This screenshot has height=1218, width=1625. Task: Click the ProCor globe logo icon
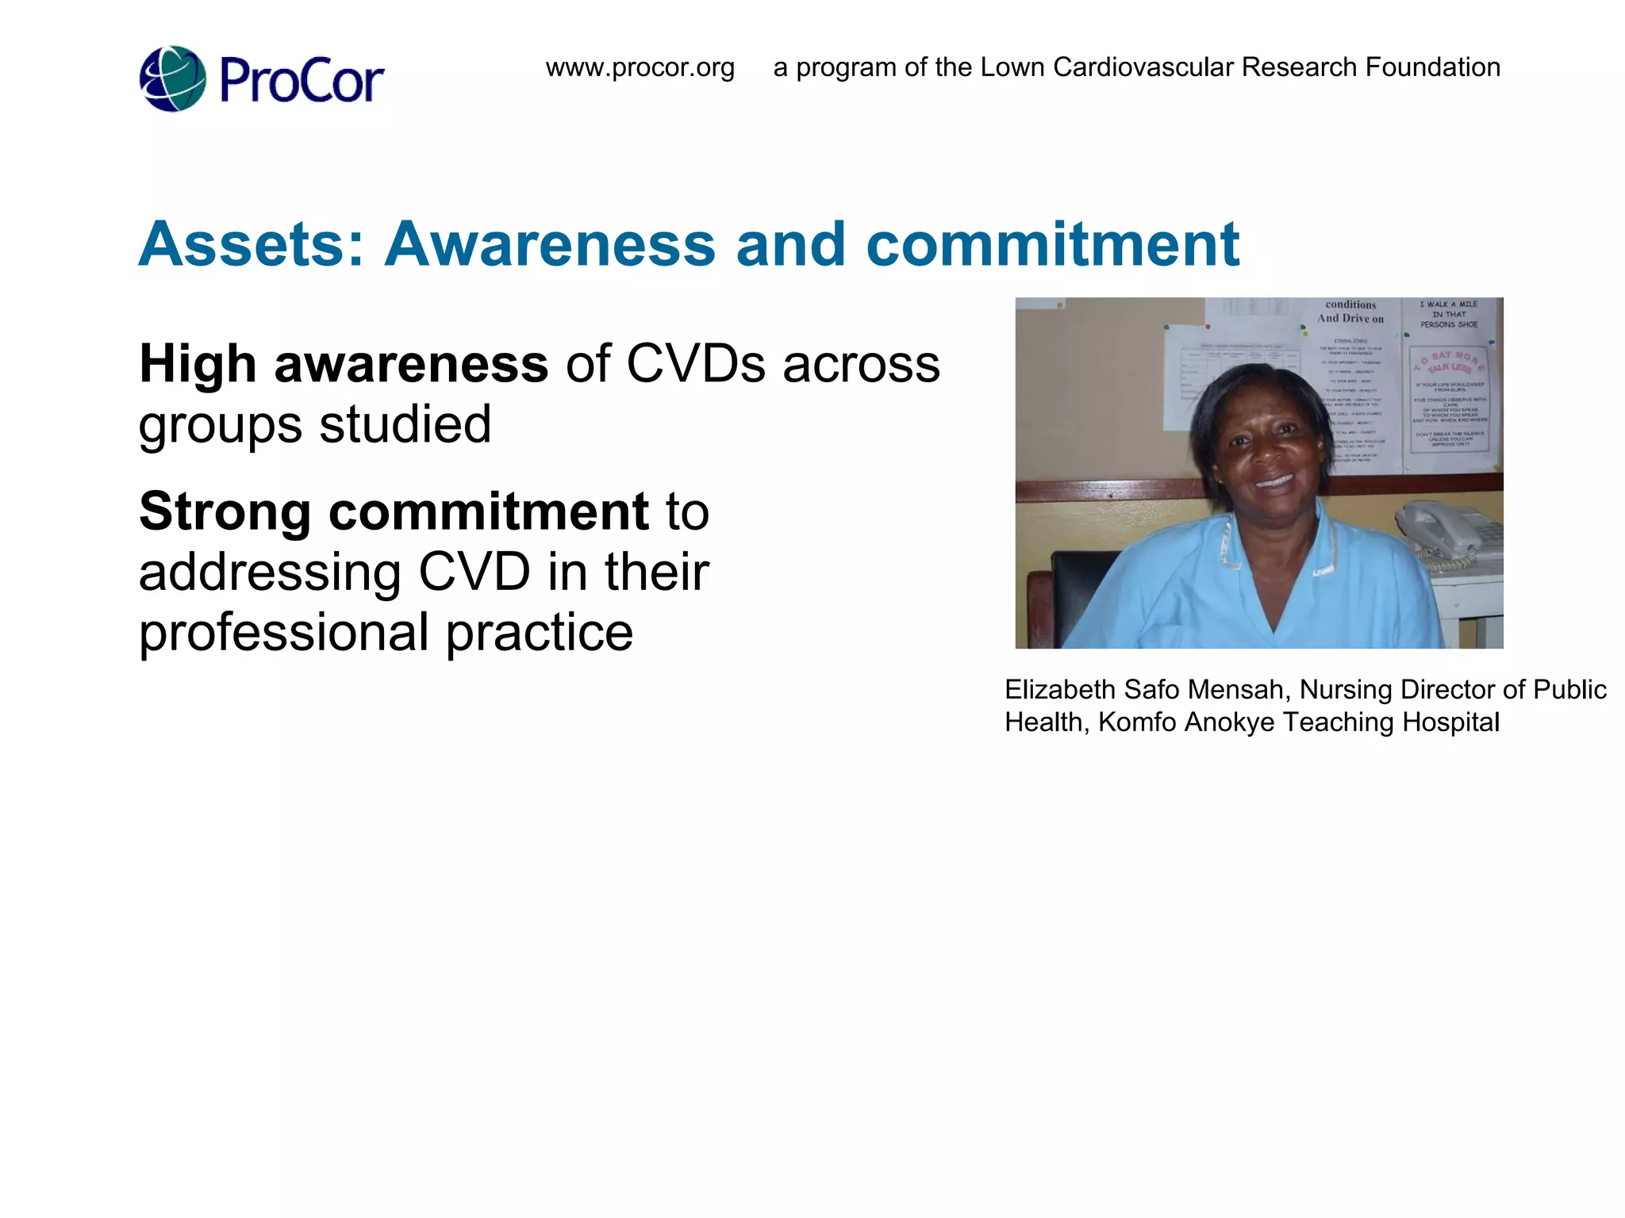tap(173, 79)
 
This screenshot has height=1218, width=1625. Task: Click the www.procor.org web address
tap(640, 67)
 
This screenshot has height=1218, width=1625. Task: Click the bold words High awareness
tap(344, 364)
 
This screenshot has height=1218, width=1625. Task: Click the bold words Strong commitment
tap(394, 511)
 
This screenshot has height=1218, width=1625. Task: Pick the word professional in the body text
tap(285, 633)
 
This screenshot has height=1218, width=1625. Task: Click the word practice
tap(540, 633)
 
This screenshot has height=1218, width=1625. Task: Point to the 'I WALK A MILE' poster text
tap(1448, 304)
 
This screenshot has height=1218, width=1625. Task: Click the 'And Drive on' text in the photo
tap(1350, 319)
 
